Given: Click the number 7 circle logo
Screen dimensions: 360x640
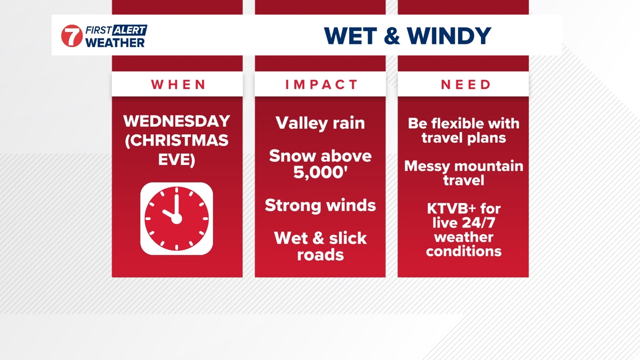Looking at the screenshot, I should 72,36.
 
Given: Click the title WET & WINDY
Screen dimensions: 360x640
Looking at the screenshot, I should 408,35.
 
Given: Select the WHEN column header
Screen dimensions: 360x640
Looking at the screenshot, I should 179,85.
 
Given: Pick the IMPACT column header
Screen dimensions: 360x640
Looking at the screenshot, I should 321,85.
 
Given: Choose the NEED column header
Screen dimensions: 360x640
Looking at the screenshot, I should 465,85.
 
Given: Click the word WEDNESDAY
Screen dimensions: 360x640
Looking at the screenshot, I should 177,121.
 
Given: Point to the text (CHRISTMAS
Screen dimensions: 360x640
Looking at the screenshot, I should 177,140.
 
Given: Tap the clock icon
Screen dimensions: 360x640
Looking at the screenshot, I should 176,218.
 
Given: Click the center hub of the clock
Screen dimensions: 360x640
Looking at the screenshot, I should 176,218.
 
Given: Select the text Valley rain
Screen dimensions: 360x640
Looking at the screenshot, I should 320,123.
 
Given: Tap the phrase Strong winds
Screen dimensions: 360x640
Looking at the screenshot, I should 320,205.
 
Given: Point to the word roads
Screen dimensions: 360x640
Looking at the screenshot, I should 320,254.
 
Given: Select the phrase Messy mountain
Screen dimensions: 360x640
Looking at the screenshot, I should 463,166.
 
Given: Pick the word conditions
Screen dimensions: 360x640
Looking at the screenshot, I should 463,251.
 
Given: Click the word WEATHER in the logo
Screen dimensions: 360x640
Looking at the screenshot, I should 115,42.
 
